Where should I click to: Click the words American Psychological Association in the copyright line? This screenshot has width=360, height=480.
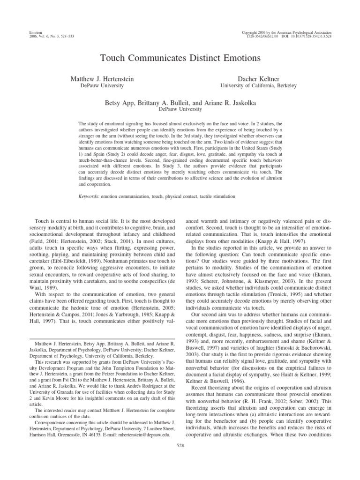pos(303,31)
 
